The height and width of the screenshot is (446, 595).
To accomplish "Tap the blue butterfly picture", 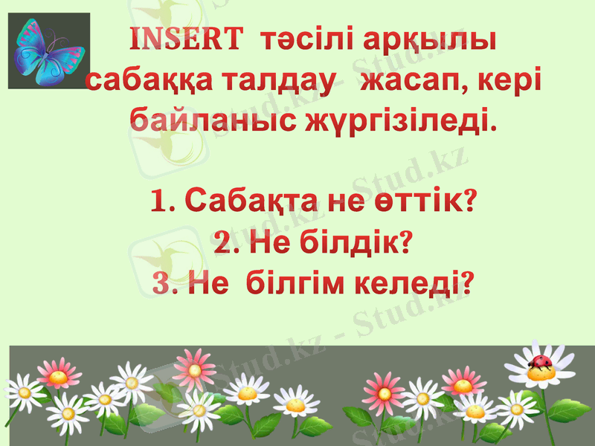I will tap(49, 51).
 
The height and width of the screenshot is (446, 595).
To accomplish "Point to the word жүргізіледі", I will tap(399, 119).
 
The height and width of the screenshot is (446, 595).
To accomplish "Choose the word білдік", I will tap(353, 242).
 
